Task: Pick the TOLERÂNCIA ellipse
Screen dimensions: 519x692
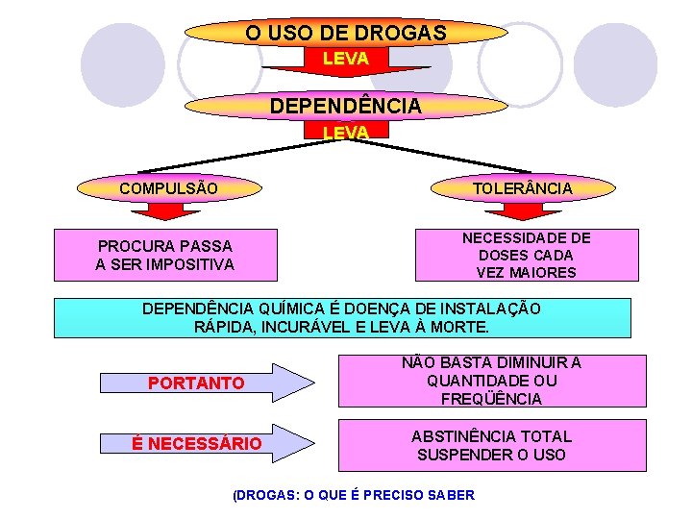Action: point(522,188)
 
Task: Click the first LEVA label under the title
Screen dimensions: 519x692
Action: point(346,59)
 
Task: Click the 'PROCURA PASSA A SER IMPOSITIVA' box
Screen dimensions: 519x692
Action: point(164,255)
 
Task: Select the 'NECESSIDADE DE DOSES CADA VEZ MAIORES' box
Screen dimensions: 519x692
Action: point(526,255)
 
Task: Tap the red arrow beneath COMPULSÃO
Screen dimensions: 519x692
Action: point(167,210)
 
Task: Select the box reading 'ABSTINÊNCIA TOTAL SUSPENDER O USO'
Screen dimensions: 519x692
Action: point(491,445)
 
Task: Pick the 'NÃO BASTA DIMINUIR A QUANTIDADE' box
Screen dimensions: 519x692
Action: point(491,381)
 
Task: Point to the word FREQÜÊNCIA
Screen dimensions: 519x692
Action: point(491,399)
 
